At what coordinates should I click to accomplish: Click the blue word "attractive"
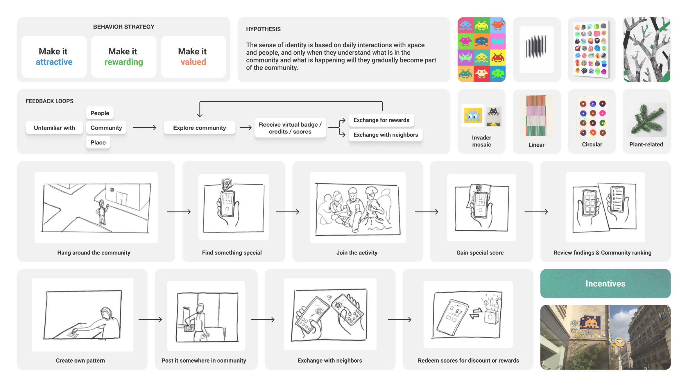tap(54, 62)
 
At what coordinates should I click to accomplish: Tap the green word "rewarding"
tap(123, 62)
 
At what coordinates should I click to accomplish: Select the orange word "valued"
tap(193, 62)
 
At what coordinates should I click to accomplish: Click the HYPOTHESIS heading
tap(263, 29)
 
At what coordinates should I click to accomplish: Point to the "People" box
tap(100, 113)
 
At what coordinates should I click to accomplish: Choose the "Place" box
tap(98, 142)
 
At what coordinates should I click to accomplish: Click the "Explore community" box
tap(199, 128)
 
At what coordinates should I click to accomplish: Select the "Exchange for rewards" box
tap(381, 120)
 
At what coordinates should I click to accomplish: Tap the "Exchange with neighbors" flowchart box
tap(386, 135)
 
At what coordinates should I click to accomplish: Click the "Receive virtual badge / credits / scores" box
tap(290, 128)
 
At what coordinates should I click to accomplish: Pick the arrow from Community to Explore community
tap(144, 128)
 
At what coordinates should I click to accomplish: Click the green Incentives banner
tap(605, 284)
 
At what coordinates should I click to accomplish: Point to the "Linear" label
tap(536, 145)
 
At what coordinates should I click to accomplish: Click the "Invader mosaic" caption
tap(481, 141)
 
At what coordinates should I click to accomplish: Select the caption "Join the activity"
tap(357, 253)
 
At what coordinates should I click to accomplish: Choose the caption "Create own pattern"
tap(80, 361)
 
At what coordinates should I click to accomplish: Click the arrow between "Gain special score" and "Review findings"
tap(536, 212)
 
